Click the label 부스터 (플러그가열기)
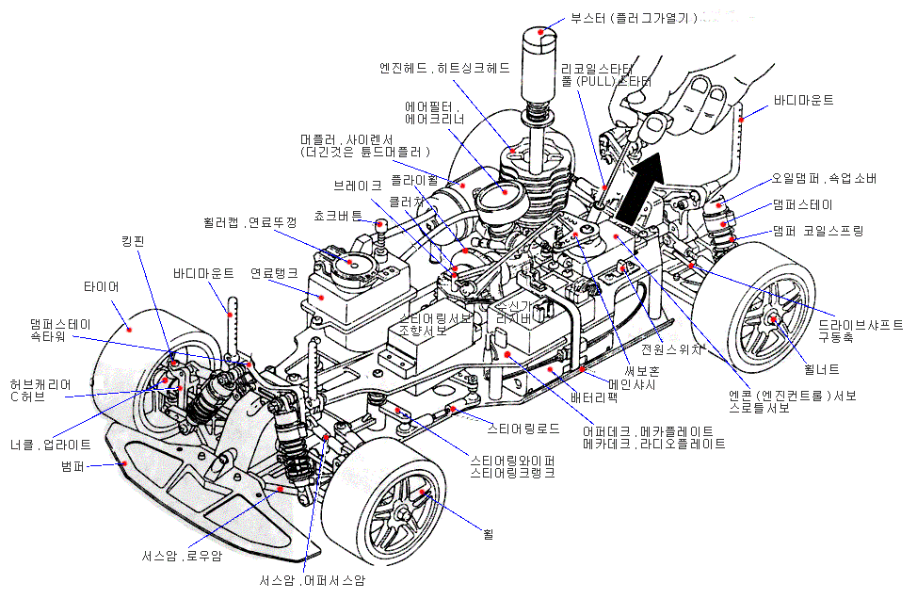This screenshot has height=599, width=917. [633, 18]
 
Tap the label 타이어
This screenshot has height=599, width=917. [102, 285]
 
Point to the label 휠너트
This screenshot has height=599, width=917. [822, 369]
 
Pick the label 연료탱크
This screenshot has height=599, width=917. [274, 273]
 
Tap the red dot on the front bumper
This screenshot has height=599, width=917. [123, 463]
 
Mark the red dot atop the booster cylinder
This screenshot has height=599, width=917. [540, 31]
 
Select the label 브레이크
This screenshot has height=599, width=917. [358, 186]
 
